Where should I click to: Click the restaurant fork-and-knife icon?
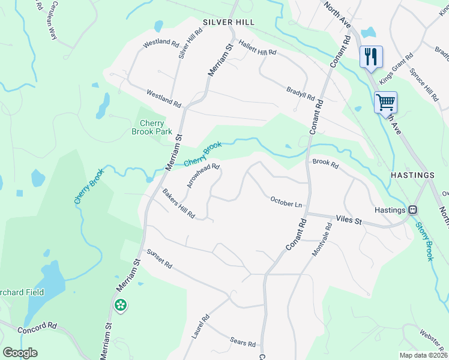point(371,57)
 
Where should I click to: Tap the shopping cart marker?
point(385,101)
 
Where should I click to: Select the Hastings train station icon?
point(412,210)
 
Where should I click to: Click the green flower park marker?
point(121,305)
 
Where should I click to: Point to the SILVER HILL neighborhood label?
point(229,22)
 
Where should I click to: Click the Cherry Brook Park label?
point(152,127)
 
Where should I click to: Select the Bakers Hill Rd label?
point(179,203)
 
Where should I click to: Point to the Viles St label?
point(349,221)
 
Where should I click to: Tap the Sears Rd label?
point(243,342)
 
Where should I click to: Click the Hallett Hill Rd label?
point(258,49)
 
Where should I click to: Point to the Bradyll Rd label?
point(301,95)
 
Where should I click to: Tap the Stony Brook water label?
point(424,242)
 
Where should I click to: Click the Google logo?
point(20,353)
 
